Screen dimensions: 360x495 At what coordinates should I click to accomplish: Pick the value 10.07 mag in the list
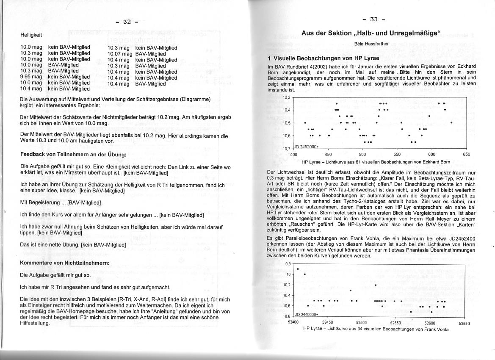pos(119,54)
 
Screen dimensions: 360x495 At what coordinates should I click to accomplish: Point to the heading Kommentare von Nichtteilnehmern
pos(65,263)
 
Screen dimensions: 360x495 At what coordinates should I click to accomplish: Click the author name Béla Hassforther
pos(371,44)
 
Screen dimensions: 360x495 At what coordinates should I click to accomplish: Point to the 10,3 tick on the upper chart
pos(287,98)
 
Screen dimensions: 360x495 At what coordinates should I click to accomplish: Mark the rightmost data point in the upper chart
pos(451,123)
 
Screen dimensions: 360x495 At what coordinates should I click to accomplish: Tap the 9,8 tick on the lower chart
pos(288,264)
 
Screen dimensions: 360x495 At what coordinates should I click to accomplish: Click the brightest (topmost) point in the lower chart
pos(298,269)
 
